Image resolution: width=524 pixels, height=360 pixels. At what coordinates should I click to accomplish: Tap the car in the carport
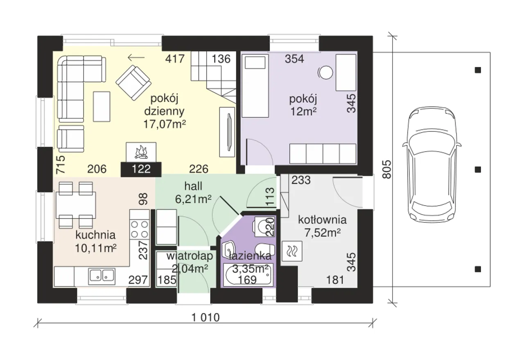click(x=432, y=165)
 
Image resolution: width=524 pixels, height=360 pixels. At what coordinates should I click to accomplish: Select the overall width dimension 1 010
click(x=206, y=318)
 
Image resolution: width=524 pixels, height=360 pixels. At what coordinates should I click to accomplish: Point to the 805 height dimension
click(x=387, y=170)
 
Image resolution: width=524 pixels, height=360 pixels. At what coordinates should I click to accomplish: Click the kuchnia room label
click(x=95, y=235)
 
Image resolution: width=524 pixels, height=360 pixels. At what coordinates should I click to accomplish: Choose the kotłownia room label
click(x=322, y=220)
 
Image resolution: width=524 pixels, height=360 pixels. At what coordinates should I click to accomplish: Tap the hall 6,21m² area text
click(x=193, y=199)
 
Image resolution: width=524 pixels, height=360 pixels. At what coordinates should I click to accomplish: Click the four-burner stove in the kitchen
click(x=140, y=230)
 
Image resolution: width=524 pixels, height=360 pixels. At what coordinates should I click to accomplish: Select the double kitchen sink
click(x=102, y=276)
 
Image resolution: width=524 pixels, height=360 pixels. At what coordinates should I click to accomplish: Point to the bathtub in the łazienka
click(x=248, y=275)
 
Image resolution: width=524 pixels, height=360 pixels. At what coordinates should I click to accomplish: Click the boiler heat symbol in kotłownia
click(x=292, y=251)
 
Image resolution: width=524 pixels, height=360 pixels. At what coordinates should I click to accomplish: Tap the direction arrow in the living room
click(x=136, y=57)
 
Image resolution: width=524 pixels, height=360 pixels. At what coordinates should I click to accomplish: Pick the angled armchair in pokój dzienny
click(x=133, y=83)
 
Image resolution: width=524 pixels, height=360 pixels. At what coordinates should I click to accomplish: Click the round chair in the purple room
click(x=325, y=73)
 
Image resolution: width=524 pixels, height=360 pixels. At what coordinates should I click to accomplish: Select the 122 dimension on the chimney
click(x=141, y=169)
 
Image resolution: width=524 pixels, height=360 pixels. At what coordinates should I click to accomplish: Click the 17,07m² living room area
click(x=165, y=124)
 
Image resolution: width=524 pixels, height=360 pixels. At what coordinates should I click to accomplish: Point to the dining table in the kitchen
click(x=76, y=205)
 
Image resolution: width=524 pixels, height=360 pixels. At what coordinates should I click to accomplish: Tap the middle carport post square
click(x=478, y=170)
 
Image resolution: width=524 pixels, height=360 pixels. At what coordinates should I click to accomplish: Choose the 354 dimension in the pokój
click(x=294, y=59)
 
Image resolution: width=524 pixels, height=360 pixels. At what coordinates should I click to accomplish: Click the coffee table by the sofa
click(x=102, y=106)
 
